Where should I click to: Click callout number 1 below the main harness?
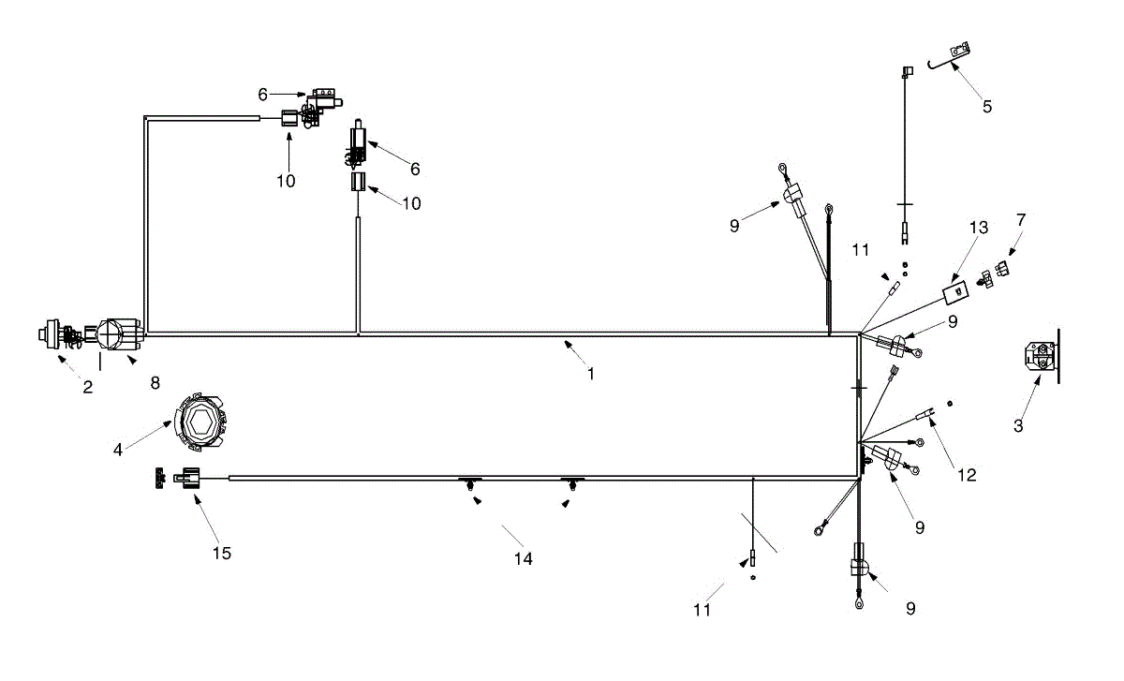pos(590,373)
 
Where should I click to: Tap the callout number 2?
pos(87,387)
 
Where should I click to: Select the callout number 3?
pos(1018,425)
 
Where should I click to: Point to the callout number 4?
pos(118,450)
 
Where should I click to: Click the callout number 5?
pos(987,106)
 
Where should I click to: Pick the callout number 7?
pos(1021,219)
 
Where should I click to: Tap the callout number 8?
pos(155,382)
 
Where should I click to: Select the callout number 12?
pos(968,475)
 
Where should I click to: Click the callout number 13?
pos(979,228)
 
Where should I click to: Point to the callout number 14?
pos(523,558)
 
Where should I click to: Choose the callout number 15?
pos(221,553)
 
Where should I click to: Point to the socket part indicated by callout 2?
pos(52,333)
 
